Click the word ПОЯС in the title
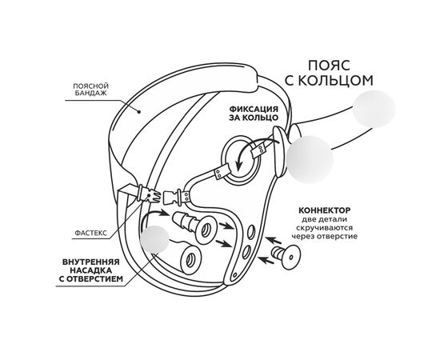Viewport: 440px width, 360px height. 329,66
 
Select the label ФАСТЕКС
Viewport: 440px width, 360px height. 91,233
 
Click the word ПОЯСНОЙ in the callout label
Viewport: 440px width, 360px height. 90,86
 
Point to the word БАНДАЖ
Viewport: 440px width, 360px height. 90,94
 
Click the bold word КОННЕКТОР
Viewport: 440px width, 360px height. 324,210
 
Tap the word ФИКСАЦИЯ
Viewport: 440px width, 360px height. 254,109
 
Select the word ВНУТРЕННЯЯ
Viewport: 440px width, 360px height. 91,262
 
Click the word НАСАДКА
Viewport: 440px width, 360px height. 90,270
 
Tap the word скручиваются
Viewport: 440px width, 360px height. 324,228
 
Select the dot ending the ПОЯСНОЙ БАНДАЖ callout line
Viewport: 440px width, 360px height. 138,112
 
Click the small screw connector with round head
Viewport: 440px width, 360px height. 286,256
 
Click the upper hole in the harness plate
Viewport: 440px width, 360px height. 251,232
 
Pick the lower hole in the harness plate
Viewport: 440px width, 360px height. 247,252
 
